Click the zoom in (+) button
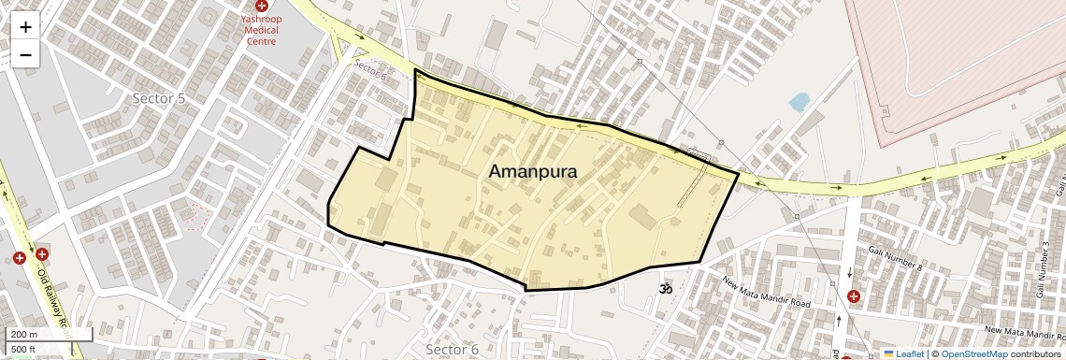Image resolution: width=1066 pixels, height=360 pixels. tap(25, 27)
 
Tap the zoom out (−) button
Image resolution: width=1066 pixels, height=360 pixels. tap(25, 54)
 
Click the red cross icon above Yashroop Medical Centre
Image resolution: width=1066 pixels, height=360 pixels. tap(261, 7)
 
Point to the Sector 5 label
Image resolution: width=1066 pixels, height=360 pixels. tap(160, 97)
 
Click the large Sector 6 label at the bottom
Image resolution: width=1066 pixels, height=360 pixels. tap(451, 349)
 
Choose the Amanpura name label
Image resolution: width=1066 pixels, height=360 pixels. tap(533, 172)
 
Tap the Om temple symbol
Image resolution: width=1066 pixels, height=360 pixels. tap(666, 290)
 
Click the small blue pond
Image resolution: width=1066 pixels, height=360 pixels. tap(799, 101)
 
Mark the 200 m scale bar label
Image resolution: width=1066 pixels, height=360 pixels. tap(24, 334)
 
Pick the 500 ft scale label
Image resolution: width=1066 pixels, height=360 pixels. tap(23, 349)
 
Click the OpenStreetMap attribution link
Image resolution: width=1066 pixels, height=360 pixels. tap(973, 353)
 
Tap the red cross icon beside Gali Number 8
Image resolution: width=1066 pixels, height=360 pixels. tap(853, 296)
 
